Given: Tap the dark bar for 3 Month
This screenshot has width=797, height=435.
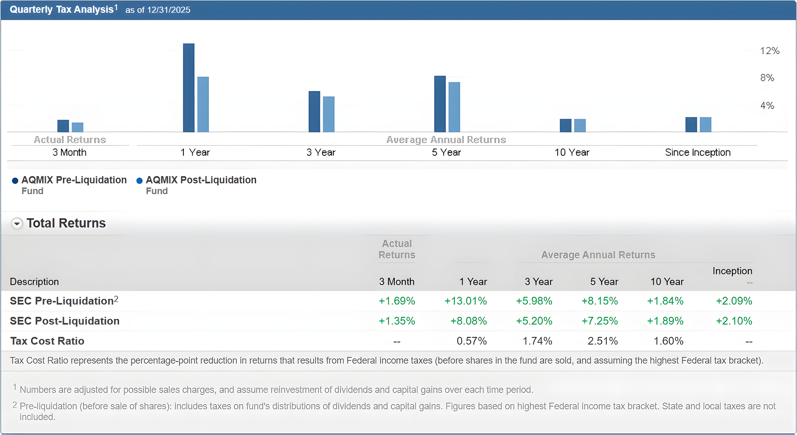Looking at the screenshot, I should tap(63, 126).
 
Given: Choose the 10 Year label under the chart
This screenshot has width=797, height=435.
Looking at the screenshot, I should tap(572, 152).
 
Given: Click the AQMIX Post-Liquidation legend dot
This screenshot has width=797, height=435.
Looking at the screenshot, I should tap(140, 181).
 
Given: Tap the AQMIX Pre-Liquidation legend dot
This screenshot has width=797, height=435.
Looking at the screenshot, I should tap(15, 181).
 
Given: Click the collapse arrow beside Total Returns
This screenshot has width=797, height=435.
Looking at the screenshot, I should tap(17, 223).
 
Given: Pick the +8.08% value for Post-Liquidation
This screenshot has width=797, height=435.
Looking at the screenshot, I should tap(468, 321).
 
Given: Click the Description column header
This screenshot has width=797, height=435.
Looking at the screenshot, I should tap(34, 282).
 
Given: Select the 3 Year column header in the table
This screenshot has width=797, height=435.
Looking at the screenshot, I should tap(538, 282).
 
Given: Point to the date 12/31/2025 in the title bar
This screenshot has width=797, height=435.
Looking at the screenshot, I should tap(169, 10).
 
